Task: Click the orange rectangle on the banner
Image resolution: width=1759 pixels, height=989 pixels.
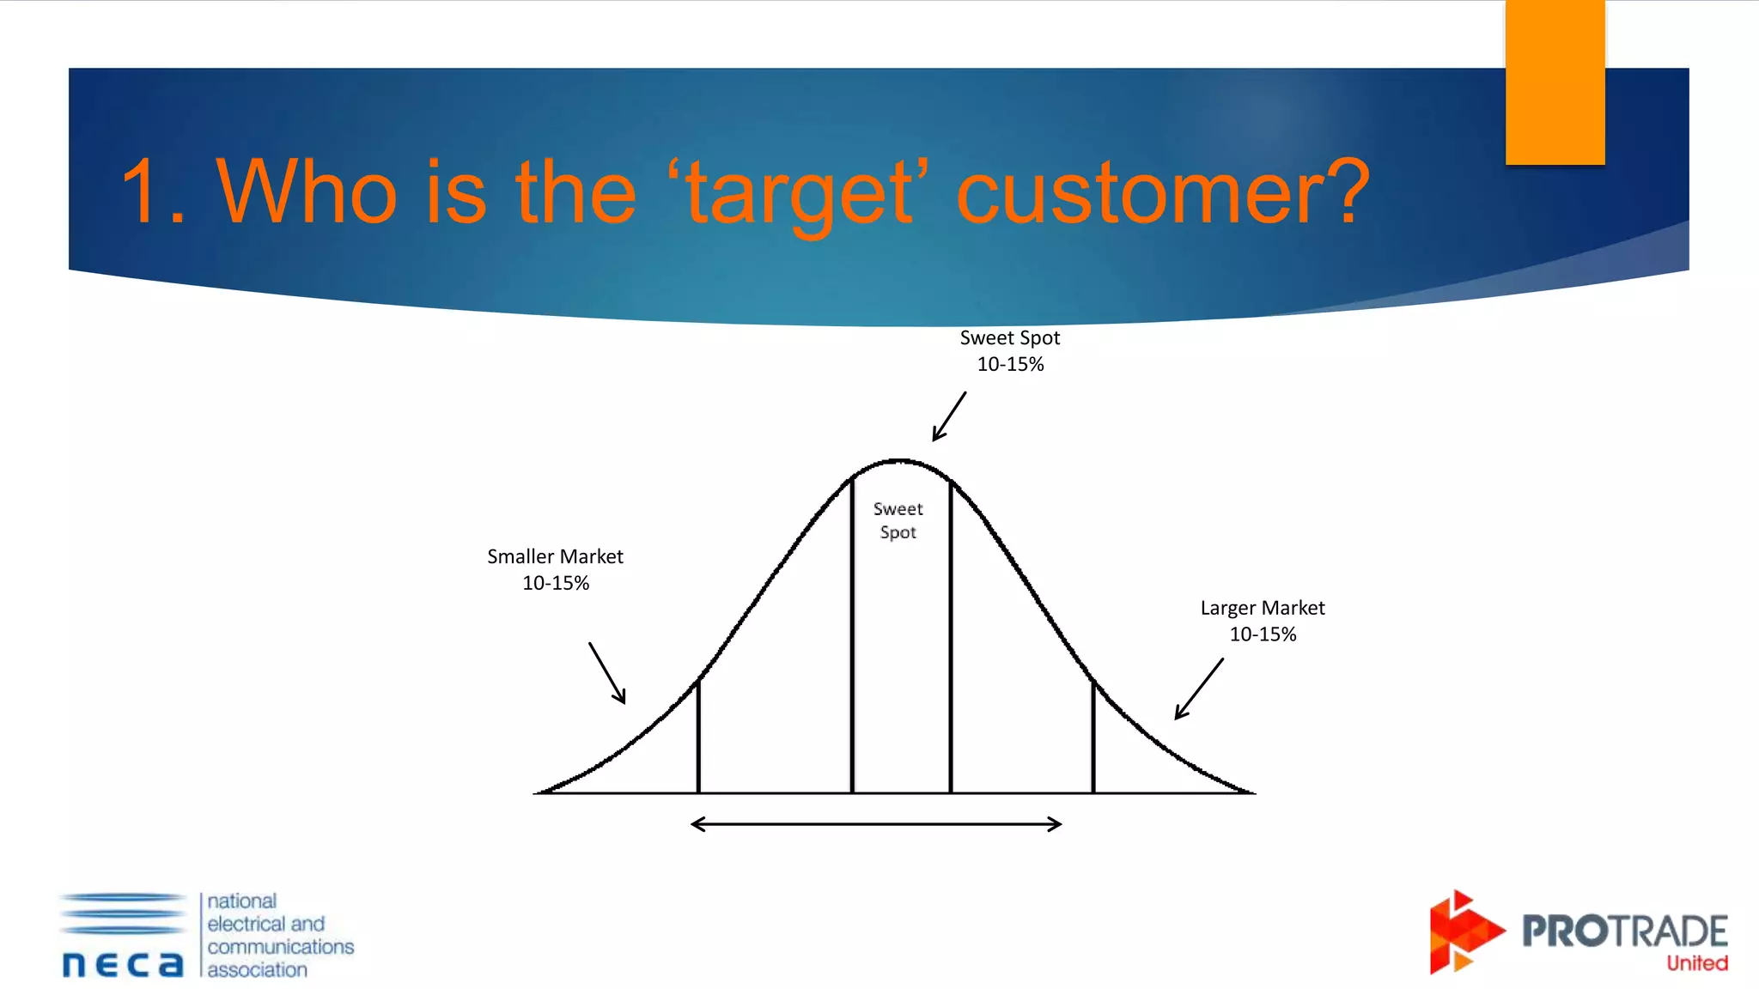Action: coord(1555,82)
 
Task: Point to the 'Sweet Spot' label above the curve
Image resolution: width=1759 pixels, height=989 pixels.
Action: coord(1009,338)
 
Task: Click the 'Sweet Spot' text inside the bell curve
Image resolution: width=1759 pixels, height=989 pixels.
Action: coord(898,520)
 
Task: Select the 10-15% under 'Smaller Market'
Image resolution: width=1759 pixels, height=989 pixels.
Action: coord(556,584)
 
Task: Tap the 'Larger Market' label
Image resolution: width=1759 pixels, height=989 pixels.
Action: coord(1262,608)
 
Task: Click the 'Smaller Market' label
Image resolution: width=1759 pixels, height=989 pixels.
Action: coord(555,556)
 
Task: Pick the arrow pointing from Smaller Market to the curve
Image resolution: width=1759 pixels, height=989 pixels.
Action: coord(607,673)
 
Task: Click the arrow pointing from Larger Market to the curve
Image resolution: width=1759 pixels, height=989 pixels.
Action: coord(1199,689)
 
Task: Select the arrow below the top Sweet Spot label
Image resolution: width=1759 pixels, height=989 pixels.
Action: coord(950,416)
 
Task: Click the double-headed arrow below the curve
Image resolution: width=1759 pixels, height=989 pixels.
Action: coord(876,824)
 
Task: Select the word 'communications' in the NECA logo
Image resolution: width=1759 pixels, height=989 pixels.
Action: coord(280,946)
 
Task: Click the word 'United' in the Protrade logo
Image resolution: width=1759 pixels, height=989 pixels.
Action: coord(1696,963)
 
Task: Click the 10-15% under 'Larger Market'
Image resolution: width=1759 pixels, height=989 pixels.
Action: coord(1263,634)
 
